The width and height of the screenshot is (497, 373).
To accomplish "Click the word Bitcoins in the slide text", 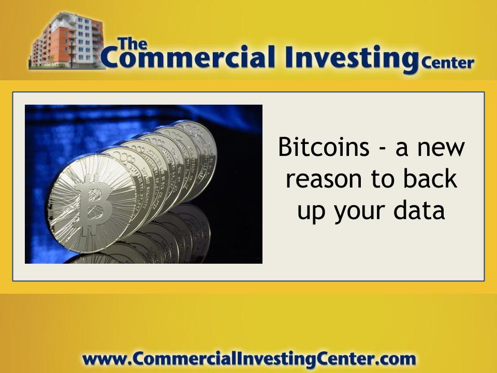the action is point(324,147).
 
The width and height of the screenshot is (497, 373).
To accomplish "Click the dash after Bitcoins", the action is point(382,149).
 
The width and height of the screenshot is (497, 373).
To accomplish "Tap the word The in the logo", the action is point(132,44).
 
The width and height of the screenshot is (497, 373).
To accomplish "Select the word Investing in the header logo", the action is point(351,59).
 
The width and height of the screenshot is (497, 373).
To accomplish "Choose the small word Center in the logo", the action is point(447,63).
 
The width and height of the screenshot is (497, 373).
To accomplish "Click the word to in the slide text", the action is point(382,179).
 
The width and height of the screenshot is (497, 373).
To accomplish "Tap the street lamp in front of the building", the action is point(71,51).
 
